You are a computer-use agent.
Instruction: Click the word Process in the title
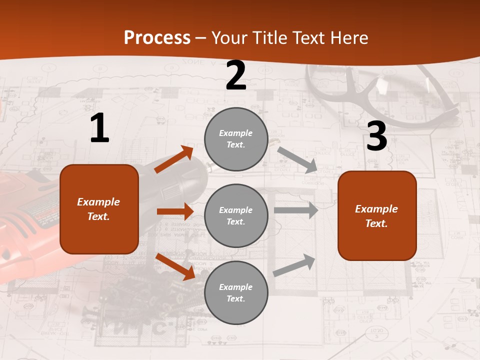click(157, 38)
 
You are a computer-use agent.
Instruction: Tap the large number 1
click(99, 128)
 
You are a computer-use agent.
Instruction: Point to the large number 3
click(377, 136)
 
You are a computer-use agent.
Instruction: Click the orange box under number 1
click(99, 209)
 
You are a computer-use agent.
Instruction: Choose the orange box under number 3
click(377, 216)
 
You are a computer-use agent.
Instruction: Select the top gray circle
click(236, 139)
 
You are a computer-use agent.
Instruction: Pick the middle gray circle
click(236, 216)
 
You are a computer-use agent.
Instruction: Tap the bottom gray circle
click(236, 293)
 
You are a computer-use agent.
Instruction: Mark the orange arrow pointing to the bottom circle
click(175, 266)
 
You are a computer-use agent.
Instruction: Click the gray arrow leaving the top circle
click(297, 159)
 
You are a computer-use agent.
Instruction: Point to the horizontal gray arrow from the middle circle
click(296, 210)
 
